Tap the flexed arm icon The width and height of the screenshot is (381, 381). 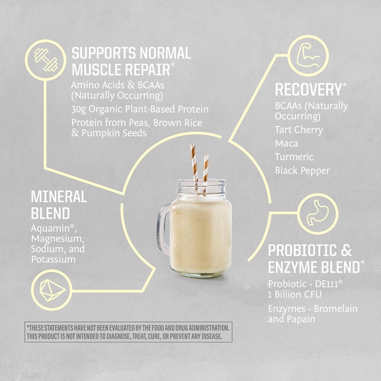click(308, 55)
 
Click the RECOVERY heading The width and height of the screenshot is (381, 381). click(308, 90)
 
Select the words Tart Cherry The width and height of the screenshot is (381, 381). click(299, 130)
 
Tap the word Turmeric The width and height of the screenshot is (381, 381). click(294, 157)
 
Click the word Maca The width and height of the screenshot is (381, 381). click(286, 144)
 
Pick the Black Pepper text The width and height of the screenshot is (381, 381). click(302, 171)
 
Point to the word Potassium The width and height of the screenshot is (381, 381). click(53, 259)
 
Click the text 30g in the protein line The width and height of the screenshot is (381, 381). click(79, 110)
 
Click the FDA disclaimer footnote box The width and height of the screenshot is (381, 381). click(128, 332)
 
